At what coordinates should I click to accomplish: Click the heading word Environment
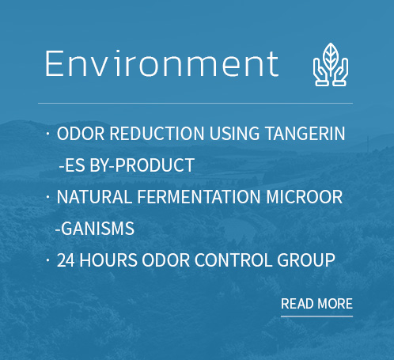point(161,63)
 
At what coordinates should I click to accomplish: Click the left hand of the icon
point(321,73)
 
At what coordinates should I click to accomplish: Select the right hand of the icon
point(340,73)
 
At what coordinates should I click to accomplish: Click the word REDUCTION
point(157,133)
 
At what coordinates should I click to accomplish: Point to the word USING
point(234,133)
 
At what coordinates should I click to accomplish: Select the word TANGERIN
point(305,133)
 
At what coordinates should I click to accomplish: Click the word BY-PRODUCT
point(142,165)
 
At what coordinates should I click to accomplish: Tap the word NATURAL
point(94,197)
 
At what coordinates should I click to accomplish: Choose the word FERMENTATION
point(199,197)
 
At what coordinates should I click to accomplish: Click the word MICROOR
point(305,197)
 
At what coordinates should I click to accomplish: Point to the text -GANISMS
point(95,229)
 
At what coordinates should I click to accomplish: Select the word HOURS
point(108,260)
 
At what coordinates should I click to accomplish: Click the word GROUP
point(306,260)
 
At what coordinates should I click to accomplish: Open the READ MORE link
point(316,304)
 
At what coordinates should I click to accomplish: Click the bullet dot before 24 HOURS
point(47,260)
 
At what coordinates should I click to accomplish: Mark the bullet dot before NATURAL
point(47,196)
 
